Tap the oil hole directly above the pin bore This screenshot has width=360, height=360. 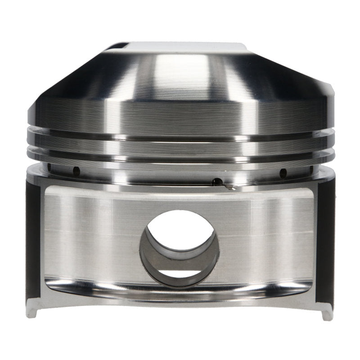[x=217, y=182]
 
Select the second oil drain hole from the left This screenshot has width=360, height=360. [x=76, y=171]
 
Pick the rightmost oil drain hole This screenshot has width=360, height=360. [x=309, y=169]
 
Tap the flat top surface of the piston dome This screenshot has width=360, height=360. [x=180, y=46]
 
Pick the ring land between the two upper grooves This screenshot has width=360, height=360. [x=180, y=144]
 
